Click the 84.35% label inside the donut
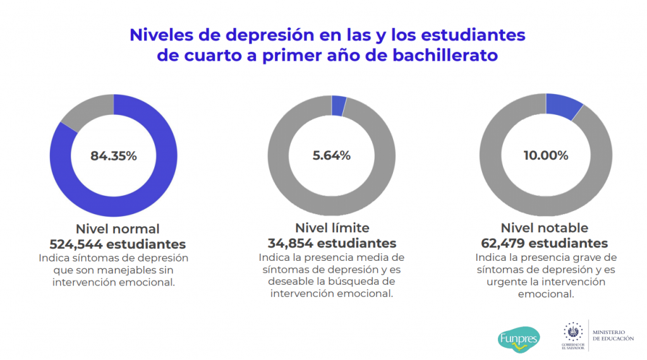pyautogui.click(x=114, y=156)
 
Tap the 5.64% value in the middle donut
pyautogui.click(x=332, y=155)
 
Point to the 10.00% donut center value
pyautogui.click(x=546, y=155)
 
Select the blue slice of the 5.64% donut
pyautogui.click(x=339, y=105)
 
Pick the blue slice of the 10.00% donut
pyautogui.click(x=564, y=106)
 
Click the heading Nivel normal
pyautogui.click(x=118, y=229)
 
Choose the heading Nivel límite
pyautogui.click(x=332, y=228)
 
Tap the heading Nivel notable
pyautogui.click(x=545, y=228)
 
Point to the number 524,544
pyautogui.click(x=78, y=244)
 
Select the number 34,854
pyautogui.click(x=291, y=244)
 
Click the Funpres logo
pyautogui.click(x=519, y=339)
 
